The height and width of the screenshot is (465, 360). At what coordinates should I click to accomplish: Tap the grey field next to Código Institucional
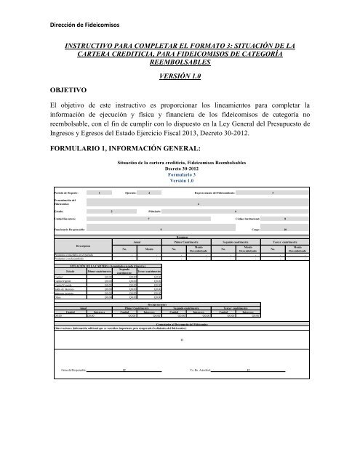pyautogui.click(x=284, y=218)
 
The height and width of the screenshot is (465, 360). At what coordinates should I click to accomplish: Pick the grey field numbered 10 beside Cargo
pyautogui.click(x=285, y=229)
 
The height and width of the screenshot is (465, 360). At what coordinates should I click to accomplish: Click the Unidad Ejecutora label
pyautogui.click(x=70, y=218)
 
